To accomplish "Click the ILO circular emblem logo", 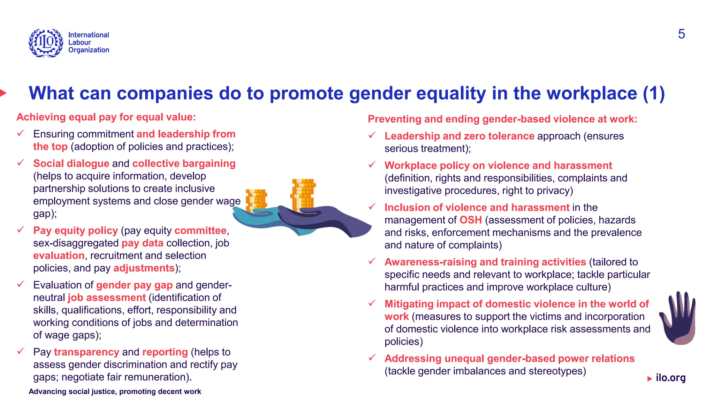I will (46, 43).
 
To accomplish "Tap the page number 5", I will (681, 34).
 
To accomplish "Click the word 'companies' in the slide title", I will (165, 94).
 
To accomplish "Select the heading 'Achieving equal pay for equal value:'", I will (106, 117).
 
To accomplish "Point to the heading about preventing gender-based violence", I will (502, 119).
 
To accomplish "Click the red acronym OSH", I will (471, 220).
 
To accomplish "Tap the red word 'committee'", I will (200, 231).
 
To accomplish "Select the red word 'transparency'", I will (86, 352).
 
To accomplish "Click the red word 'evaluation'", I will (59, 256).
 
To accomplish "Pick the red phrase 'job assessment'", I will (106, 298).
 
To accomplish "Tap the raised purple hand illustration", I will (678, 318).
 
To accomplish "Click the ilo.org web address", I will (670, 378).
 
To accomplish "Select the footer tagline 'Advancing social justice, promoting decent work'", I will (115, 392).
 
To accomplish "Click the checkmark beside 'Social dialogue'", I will (21, 163).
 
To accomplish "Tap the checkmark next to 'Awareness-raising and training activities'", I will (372, 261).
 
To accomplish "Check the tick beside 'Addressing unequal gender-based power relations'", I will (372, 358).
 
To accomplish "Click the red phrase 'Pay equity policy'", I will (75, 231).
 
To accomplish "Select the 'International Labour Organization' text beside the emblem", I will (89, 43).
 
